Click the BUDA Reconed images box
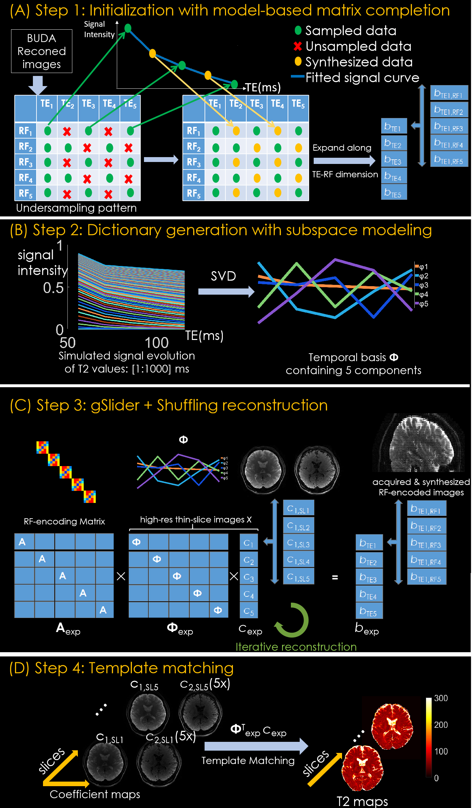(42, 51)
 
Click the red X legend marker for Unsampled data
(297, 46)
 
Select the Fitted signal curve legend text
(362, 78)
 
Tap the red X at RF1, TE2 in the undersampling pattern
(67, 131)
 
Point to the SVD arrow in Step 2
(226, 291)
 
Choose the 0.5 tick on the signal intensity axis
(53, 288)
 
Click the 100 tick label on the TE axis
(156, 343)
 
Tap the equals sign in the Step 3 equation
(335, 578)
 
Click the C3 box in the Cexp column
(249, 577)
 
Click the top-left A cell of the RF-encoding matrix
(24, 542)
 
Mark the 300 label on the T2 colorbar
(441, 698)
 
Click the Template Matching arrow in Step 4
(256, 746)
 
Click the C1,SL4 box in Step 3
(299, 560)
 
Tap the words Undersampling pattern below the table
(76, 208)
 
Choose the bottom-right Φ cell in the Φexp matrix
(218, 610)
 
